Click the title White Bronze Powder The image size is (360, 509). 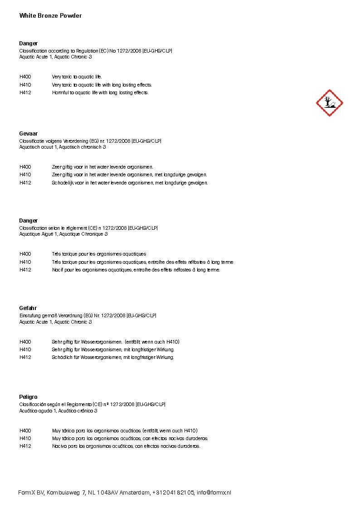click(50, 16)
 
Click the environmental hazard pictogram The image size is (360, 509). click(329, 103)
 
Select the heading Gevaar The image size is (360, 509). click(28, 134)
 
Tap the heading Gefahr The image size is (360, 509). click(28, 308)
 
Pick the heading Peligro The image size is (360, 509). click(28, 397)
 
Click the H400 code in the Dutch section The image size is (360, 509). click(25, 167)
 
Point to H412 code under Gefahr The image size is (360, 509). click(25, 357)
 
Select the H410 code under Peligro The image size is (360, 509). click(25, 438)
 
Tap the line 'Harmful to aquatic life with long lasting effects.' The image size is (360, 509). click(100, 93)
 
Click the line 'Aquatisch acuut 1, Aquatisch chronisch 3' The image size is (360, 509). click(63, 147)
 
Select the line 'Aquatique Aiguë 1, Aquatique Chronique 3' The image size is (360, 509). click(63, 234)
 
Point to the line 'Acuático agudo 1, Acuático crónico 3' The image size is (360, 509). click(58, 411)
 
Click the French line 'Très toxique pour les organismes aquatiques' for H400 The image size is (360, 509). click(99, 254)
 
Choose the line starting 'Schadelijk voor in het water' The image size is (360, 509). click(130, 183)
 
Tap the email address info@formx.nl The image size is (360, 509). click(214, 493)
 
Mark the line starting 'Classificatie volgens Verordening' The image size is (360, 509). click(90, 141)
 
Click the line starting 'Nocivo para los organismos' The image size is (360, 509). click(126, 446)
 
